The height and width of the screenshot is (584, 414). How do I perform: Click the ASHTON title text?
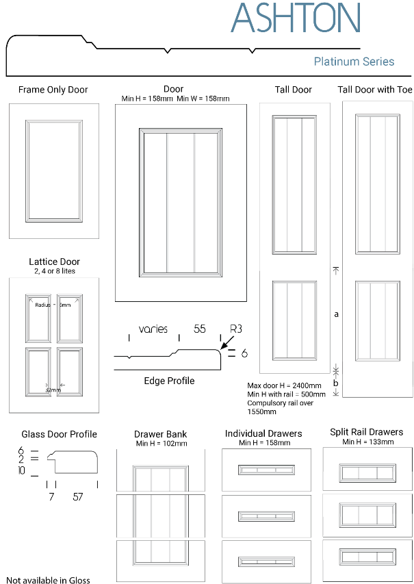tap(296, 18)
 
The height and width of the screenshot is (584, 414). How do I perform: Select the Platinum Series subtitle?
tap(354, 62)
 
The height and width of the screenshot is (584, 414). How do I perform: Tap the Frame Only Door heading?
tap(53, 90)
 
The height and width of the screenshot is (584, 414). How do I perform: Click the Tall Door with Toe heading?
tap(375, 90)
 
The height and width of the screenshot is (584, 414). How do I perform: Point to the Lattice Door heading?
tap(54, 262)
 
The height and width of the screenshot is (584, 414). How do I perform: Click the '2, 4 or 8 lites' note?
tap(54, 271)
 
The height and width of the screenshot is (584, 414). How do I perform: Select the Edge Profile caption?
tap(169, 381)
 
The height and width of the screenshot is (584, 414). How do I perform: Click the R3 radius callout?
tap(236, 329)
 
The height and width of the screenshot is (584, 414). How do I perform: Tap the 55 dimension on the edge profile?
tap(200, 329)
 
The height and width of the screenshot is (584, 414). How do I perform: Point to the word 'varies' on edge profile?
tap(153, 329)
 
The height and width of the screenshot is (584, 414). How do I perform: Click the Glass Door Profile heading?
tap(59, 434)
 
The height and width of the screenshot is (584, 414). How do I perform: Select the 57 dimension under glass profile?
tap(78, 497)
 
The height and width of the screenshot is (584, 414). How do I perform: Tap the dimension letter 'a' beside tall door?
tap(336, 314)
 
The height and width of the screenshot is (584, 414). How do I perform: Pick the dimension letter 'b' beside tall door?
tap(335, 383)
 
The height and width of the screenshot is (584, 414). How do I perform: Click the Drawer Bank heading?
tap(161, 434)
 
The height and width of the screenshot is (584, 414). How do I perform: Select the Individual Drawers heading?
tap(263, 433)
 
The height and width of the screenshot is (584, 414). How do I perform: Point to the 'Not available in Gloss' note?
tap(48, 580)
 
